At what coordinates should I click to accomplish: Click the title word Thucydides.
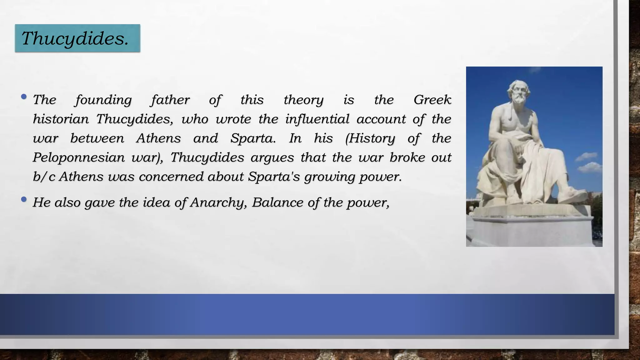[x=75, y=39]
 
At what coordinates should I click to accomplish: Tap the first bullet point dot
[x=24, y=97]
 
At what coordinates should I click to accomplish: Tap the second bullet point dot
[x=24, y=199]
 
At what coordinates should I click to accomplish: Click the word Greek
[x=432, y=100]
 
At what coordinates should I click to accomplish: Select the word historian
[x=61, y=119]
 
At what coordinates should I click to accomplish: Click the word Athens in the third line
[x=158, y=138]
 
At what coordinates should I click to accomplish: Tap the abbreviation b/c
[x=44, y=177]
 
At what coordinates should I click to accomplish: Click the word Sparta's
[x=274, y=177]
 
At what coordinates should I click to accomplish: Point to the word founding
[x=103, y=100]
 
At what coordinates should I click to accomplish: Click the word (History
[x=370, y=138]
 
